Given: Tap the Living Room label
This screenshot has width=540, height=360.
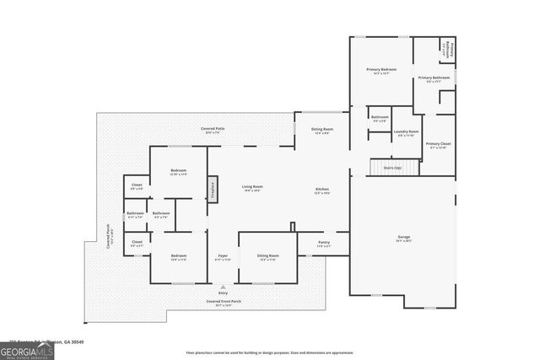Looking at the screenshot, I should click(x=252, y=188).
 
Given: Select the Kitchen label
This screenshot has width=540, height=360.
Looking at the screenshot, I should click(x=321, y=191).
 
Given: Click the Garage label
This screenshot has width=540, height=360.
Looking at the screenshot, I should click(x=403, y=239).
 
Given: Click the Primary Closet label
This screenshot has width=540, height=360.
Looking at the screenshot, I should click(x=438, y=145).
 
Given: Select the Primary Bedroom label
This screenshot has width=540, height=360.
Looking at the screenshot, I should click(x=381, y=71).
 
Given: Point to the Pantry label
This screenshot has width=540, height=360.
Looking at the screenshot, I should click(x=324, y=244).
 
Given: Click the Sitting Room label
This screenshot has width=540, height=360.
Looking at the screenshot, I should click(x=268, y=256).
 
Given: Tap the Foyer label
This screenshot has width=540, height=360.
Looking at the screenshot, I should click(x=223, y=256).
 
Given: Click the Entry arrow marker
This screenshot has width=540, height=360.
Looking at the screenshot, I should click(x=223, y=287).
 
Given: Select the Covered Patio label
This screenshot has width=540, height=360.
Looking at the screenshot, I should click(x=212, y=130).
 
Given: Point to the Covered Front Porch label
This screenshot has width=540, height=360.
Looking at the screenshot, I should click(x=223, y=303).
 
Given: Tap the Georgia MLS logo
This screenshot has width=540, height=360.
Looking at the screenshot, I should click(x=27, y=348).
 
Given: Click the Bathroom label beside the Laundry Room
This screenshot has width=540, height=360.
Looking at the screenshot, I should click(x=380, y=119).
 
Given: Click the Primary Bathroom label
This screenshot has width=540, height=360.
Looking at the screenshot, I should click(x=433, y=79).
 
